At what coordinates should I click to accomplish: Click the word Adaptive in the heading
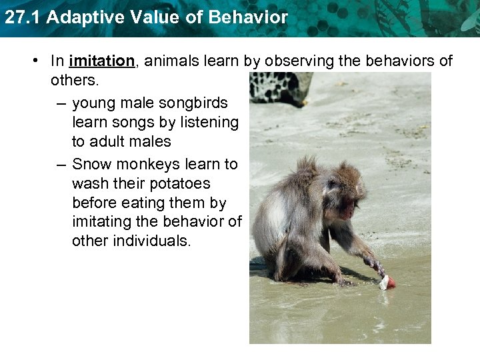pyautogui.click(x=76, y=18)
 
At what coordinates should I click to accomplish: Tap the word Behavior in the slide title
pyautogui.click(x=248, y=18)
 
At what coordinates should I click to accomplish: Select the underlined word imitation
pyautogui.click(x=101, y=61)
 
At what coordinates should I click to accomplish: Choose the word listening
pyautogui.click(x=207, y=123)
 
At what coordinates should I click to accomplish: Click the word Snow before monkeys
pyautogui.click(x=89, y=164)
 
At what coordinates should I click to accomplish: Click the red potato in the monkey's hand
pyautogui.click(x=389, y=283)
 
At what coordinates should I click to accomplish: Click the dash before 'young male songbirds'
pyautogui.click(x=61, y=103)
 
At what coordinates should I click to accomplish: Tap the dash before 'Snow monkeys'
pyautogui.click(x=61, y=164)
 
